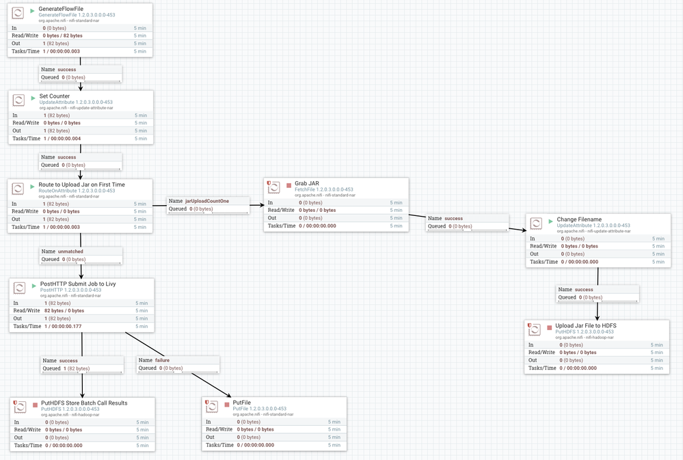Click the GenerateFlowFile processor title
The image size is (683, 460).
[x=61, y=9]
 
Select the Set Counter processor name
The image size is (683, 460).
[x=55, y=96]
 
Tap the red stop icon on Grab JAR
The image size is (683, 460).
[x=289, y=185]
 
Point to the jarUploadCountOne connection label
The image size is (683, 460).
[x=207, y=202]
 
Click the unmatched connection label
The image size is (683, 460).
[x=70, y=252]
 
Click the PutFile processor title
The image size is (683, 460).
[x=242, y=403]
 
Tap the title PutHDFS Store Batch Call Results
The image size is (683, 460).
[x=84, y=403]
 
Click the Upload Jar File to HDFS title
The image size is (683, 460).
[x=585, y=326]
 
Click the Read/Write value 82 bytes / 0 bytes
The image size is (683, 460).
[x=64, y=311]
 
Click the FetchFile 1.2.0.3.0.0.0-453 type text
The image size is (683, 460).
[x=323, y=190]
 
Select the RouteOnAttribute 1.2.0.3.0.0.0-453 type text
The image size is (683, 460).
[x=77, y=191]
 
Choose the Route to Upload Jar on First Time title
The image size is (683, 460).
[x=82, y=185]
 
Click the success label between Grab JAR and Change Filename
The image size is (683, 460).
[x=453, y=219]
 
